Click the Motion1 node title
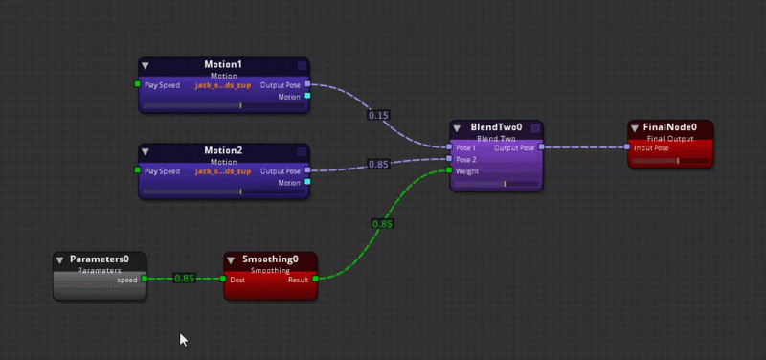[223, 64]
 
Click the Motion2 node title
[223, 150]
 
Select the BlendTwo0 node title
[496, 127]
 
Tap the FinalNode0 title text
[670, 127]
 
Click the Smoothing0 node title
[270, 259]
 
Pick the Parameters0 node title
[99, 259]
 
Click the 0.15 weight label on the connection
[379, 115]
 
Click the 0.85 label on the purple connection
[379, 164]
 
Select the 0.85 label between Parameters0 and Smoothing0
[185, 279]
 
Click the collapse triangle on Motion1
[146, 65]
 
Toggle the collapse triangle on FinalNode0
[634, 128]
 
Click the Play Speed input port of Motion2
[138, 171]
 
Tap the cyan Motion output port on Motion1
[307, 97]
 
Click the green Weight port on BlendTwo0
[449, 171]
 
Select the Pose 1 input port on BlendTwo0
[449, 147]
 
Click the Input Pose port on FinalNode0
[627, 147]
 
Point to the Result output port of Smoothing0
[315, 280]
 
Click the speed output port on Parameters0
[144, 280]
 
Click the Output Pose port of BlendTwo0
[541, 147]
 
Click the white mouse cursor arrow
[183, 338]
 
